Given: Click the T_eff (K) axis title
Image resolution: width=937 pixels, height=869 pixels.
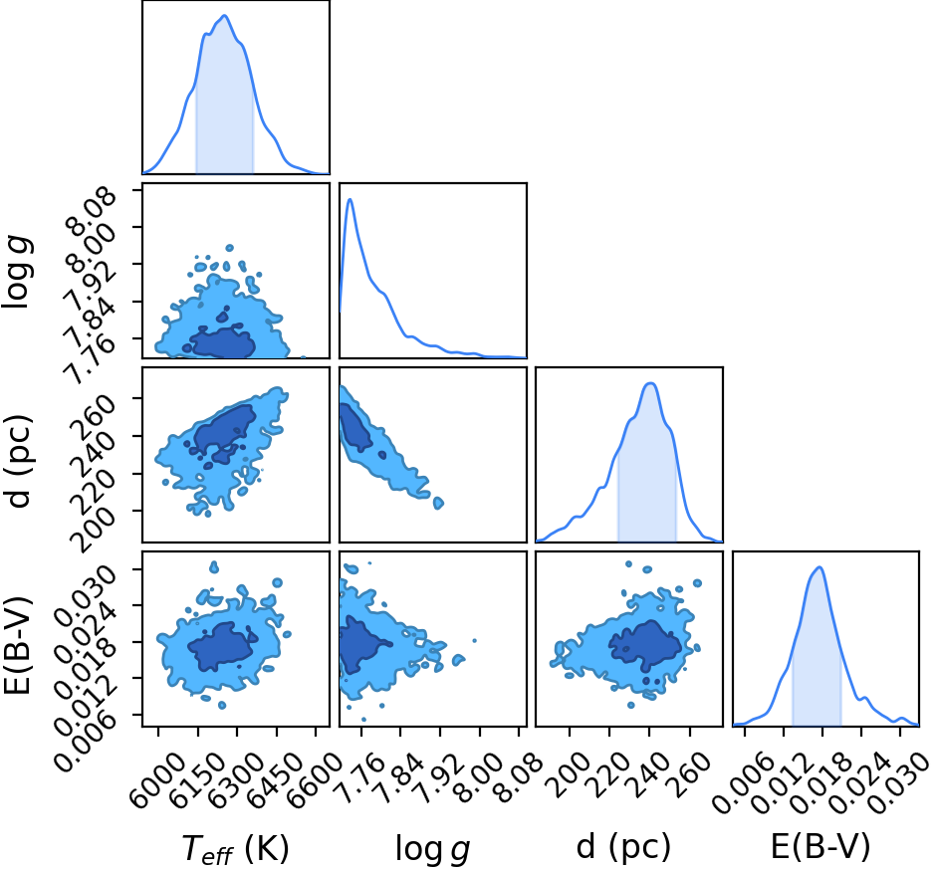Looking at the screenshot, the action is click(235, 848).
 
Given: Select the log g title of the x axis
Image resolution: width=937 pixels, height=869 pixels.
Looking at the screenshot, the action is click(432, 848).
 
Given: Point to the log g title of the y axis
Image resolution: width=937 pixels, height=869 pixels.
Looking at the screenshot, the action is click(17, 272).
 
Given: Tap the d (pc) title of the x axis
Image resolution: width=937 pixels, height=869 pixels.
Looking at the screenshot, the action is click(624, 847).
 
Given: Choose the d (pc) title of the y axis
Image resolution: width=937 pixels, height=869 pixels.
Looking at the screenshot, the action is click(19, 461).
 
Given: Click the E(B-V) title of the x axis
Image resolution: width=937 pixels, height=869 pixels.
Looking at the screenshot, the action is click(820, 847).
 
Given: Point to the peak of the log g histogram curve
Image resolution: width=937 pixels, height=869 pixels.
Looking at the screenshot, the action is click(351, 199).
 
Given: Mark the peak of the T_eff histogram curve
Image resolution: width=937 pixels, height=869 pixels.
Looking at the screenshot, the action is click(225, 16).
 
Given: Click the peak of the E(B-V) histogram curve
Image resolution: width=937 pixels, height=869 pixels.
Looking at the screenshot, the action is click(820, 567).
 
